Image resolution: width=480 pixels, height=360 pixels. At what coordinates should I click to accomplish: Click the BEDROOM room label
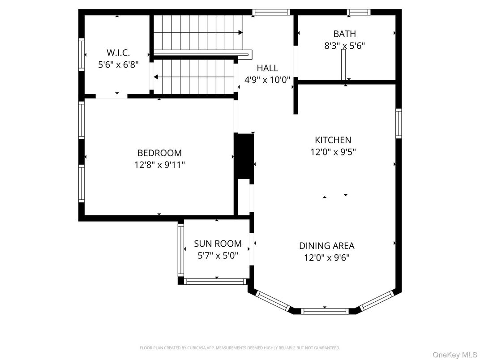[159, 153]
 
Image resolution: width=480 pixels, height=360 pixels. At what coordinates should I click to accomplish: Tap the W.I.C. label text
[118, 53]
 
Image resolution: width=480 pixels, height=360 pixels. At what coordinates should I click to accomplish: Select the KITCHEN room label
[333, 140]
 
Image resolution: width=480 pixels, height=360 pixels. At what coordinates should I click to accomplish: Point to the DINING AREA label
[326, 246]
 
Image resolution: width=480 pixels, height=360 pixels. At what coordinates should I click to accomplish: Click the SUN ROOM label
[218, 244]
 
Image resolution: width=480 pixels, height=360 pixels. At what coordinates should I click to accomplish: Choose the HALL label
[267, 68]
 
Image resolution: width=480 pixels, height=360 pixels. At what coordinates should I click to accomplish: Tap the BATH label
[344, 34]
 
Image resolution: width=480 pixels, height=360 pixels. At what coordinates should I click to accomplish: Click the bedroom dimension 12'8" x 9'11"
[159, 165]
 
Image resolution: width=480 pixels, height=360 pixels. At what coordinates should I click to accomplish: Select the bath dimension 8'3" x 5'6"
[344, 45]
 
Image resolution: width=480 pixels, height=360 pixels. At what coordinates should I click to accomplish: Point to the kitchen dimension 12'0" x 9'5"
[333, 152]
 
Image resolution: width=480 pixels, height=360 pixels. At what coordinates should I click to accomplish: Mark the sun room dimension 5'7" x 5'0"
[218, 255]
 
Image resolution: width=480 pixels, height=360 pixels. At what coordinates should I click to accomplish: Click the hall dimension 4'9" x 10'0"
[267, 80]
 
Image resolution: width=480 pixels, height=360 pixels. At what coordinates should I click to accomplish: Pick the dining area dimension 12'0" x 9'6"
[326, 257]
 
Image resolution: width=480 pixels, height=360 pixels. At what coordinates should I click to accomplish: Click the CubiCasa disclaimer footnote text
[240, 347]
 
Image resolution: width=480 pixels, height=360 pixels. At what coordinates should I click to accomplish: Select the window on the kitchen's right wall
[398, 123]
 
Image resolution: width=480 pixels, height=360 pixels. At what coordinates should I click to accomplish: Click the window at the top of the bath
[359, 12]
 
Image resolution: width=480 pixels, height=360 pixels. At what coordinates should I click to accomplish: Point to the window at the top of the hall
[271, 12]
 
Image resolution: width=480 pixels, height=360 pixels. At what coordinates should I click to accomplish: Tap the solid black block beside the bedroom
[244, 156]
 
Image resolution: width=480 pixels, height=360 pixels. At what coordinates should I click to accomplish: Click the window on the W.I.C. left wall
[81, 54]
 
